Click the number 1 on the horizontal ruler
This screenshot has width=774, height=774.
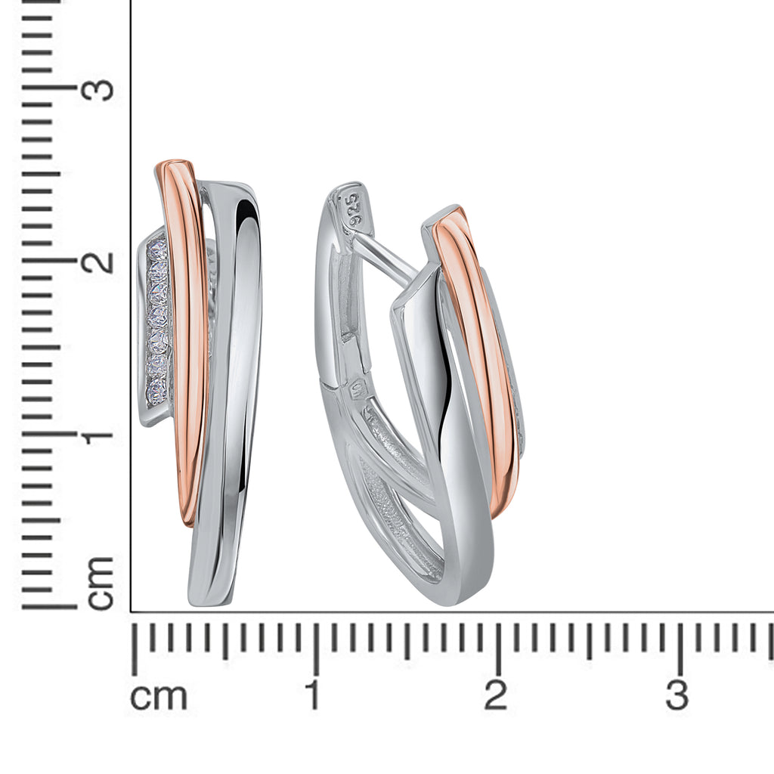pyautogui.click(x=314, y=695)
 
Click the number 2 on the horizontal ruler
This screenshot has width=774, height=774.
pyautogui.click(x=496, y=695)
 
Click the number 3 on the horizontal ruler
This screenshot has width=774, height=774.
pyautogui.click(x=676, y=695)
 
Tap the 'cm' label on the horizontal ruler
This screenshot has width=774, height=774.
pyautogui.click(x=159, y=696)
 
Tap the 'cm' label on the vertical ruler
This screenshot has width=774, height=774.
pyautogui.click(x=101, y=583)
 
